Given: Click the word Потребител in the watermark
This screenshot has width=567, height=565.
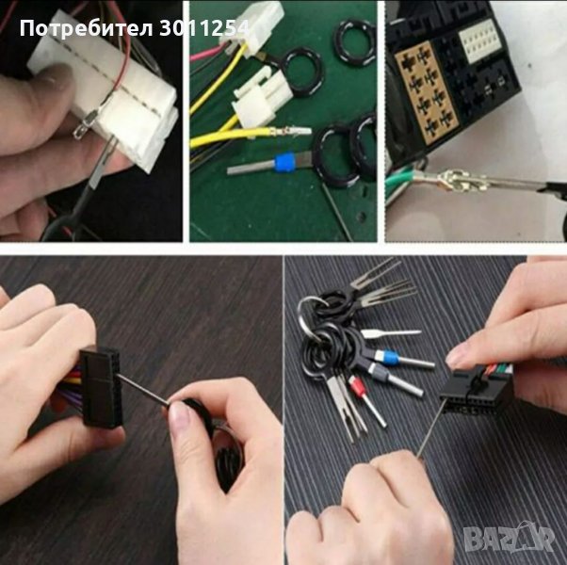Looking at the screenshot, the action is [x=86, y=28].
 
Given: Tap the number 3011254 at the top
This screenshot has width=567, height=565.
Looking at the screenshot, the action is [x=204, y=28].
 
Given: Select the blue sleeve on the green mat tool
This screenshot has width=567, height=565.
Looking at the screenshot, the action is [x=283, y=163].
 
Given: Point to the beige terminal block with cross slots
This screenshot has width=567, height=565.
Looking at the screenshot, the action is [x=427, y=92].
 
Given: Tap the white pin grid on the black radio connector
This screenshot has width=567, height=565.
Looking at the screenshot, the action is [x=479, y=40].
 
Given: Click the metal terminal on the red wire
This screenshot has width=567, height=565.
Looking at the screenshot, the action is [x=84, y=124].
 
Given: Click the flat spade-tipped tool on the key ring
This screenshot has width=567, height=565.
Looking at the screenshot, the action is [x=391, y=333].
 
